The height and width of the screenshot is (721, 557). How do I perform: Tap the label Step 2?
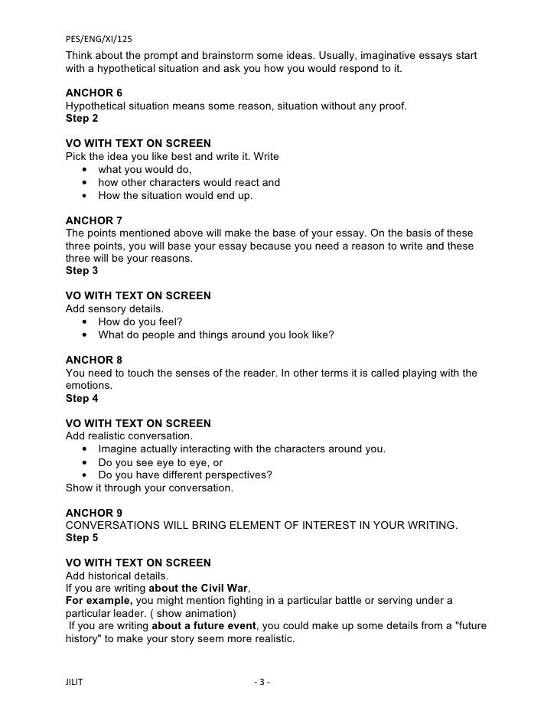click(83, 119)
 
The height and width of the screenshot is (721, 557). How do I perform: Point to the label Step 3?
click(83, 270)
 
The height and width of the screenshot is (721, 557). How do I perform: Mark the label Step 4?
click(83, 398)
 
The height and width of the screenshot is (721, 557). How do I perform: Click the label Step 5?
click(83, 537)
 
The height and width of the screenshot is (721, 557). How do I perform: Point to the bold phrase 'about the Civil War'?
click(198, 587)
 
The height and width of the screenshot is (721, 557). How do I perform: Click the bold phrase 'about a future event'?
click(204, 625)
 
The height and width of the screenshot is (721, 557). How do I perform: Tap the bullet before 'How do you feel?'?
click(83, 321)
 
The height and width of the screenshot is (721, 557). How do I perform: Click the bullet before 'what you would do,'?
click(83, 169)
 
